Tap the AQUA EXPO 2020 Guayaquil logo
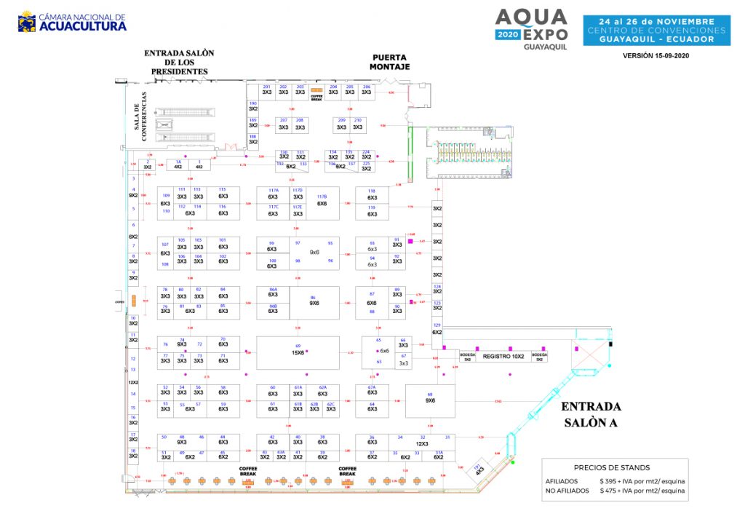530,28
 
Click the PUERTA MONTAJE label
391,62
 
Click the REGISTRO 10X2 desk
503,357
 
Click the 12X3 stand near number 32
422,443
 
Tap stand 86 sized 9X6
314,301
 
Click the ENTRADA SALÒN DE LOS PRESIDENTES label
179,62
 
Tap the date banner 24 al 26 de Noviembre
656,22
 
